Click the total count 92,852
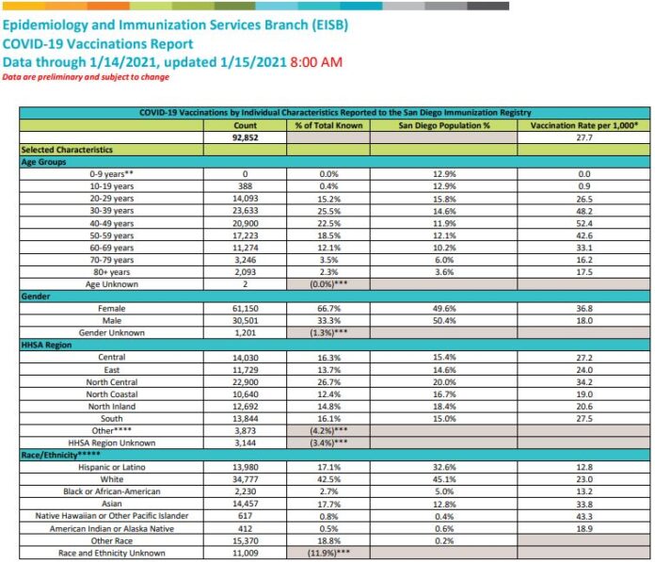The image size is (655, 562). pos(244,137)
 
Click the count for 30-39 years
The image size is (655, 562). pos(244,211)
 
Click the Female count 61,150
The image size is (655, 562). pos(244,308)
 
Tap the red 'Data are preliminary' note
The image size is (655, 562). pos(86,77)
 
